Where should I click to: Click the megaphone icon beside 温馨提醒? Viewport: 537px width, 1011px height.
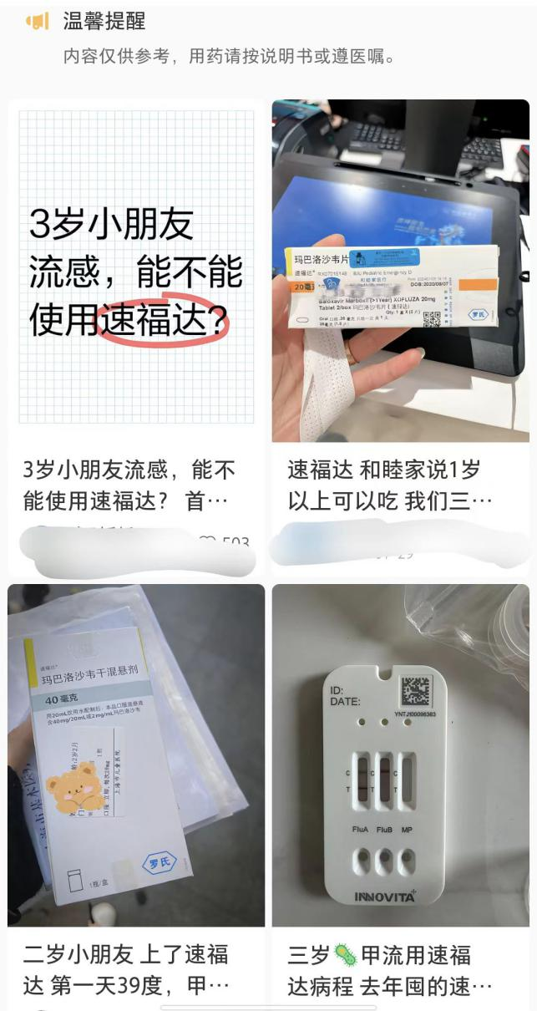coord(38,22)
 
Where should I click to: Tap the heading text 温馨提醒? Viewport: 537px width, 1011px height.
coord(104,22)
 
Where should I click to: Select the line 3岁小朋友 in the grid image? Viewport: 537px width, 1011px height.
coord(111,224)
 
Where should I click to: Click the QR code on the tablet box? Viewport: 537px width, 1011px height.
coord(431,319)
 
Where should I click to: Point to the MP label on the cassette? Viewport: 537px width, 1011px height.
coord(407,830)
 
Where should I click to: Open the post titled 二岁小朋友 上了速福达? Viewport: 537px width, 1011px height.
coord(125,969)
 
